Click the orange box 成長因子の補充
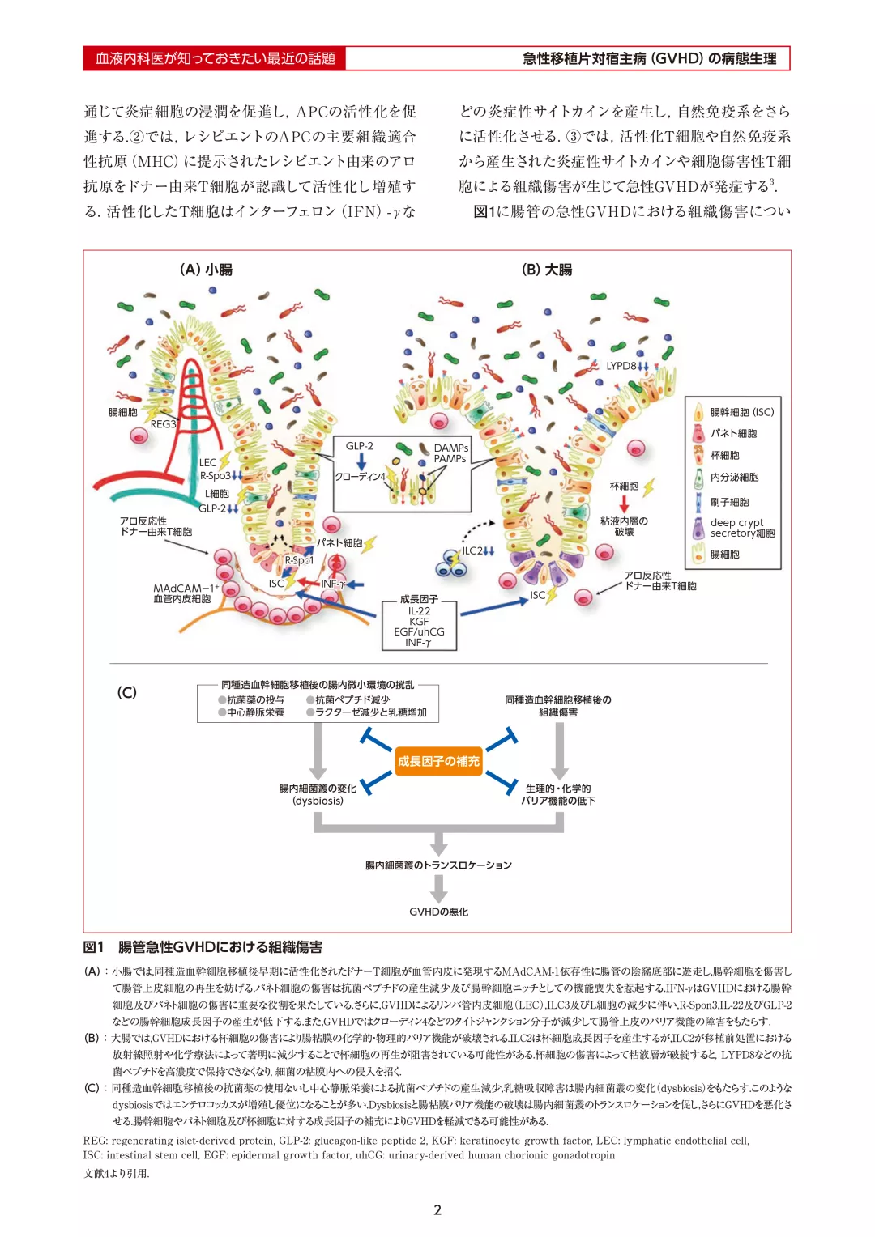click(x=438, y=761)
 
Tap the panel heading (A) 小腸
click(x=206, y=270)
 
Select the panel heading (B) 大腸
click(x=547, y=270)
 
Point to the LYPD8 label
click(x=621, y=366)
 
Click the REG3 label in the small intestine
click(x=163, y=423)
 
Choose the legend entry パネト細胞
click(x=733, y=433)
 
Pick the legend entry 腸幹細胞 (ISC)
click(x=741, y=412)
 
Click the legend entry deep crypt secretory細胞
click(x=741, y=528)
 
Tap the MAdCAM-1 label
click(x=186, y=589)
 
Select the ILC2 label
click(x=472, y=550)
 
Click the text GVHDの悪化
click(x=438, y=912)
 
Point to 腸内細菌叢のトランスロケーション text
click(x=438, y=865)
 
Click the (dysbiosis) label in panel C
click(x=318, y=801)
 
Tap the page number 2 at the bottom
click(x=437, y=1209)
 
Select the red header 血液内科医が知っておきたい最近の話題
click(x=215, y=58)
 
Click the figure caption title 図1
click(x=94, y=947)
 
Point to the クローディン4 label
click(x=360, y=477)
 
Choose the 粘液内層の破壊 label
click(x=624, y=526)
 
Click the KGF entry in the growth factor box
click(x=419, y=622)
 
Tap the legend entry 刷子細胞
click(x=729, y=502)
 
